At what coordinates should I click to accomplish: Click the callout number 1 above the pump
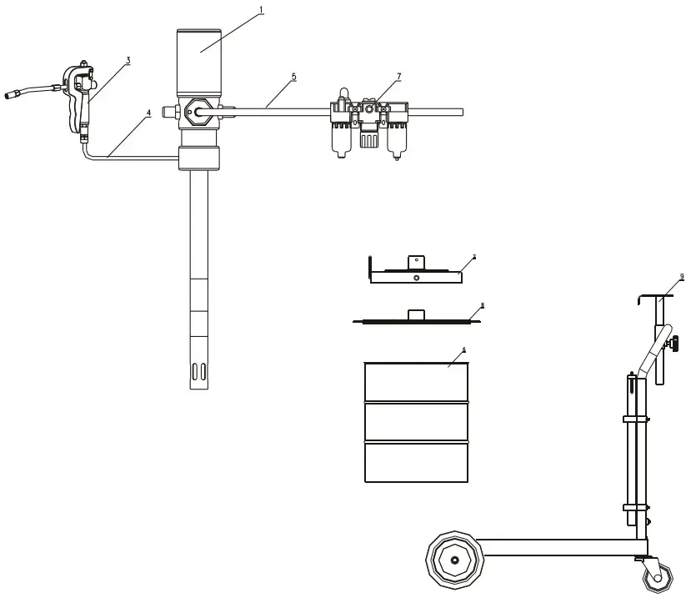tap(261, 10)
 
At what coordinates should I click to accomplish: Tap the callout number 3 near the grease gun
tap(128, 60)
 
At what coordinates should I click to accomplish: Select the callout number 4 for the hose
tap(149, 111)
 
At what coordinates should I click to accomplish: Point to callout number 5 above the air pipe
tap(293, 77)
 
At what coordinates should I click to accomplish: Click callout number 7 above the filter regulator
tap(398, 77)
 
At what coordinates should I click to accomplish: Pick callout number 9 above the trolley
tap(681, 276)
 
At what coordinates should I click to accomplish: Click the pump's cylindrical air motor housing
tap(200, 63)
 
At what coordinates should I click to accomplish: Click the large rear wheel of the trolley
tap(455, 560)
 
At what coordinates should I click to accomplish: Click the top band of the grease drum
tap(417, 382)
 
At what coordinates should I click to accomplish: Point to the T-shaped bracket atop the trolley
tap(658, 297)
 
